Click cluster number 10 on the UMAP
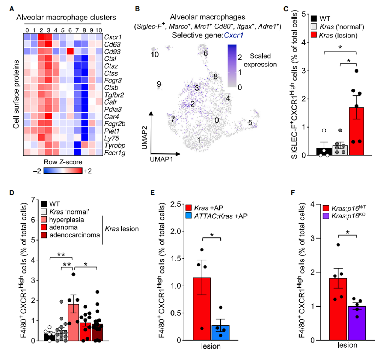(x=154, y=54)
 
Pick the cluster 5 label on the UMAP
(x=250, y=123)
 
